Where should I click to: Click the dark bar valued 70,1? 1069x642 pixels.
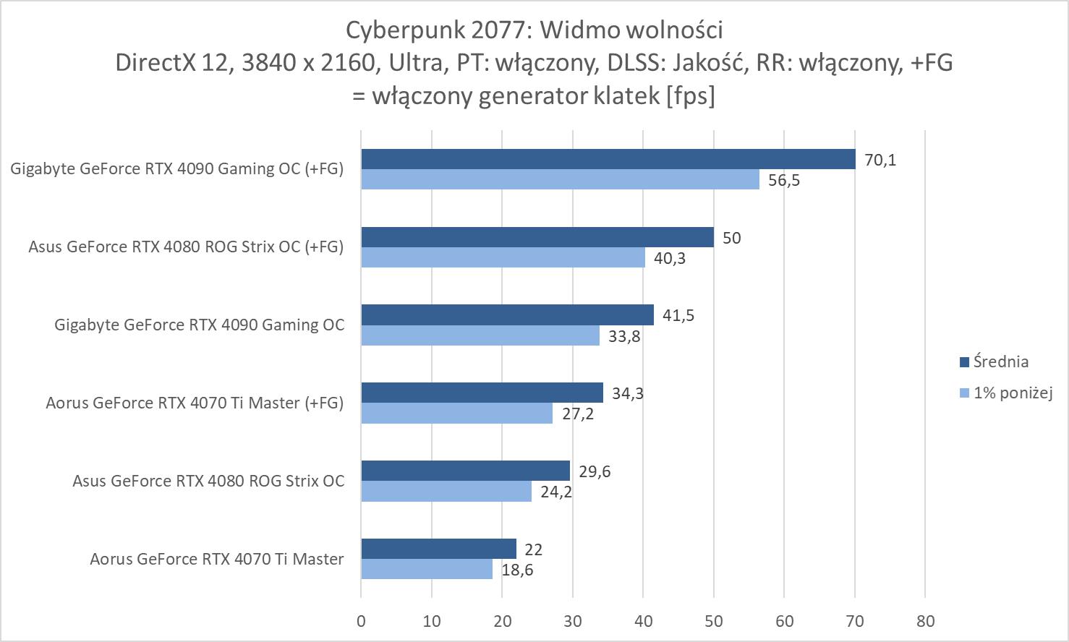[608, 159]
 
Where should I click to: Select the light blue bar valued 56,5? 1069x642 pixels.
[560, 179]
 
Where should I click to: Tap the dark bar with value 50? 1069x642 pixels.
[537, 237]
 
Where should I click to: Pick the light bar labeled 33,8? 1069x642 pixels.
[480, 335]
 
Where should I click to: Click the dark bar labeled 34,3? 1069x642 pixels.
[482, 393]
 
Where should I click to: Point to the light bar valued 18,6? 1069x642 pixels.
[426, 569]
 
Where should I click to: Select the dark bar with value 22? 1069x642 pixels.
[438, 549]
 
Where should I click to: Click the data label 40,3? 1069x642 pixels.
[670, 258]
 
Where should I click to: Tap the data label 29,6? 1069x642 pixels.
[595, 471]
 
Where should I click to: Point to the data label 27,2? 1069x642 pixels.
[577, 414]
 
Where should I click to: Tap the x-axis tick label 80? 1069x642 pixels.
[925, 621]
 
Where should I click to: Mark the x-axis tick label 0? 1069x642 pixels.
[361, 621]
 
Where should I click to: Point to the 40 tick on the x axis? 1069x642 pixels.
[643, 621]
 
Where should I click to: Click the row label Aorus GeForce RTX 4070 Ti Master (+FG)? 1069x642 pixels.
[195, 403]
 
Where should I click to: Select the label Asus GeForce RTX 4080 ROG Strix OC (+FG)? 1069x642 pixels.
[186, 247]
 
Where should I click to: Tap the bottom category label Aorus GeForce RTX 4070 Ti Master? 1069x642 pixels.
[216, 559]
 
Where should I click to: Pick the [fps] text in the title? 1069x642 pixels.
[691, 95]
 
